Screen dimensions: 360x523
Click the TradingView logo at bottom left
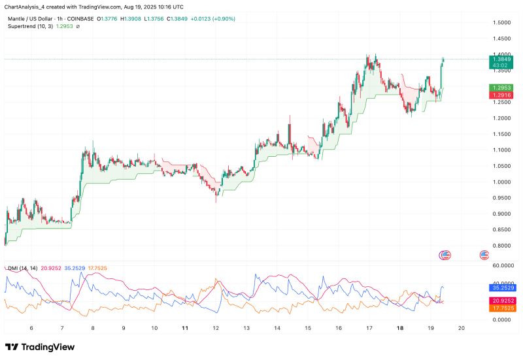tap(40, 347)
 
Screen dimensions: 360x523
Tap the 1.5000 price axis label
tap(501, 23)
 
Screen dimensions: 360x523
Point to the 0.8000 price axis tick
tap(501, 246)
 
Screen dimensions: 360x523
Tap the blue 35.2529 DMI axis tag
tap(501, 287)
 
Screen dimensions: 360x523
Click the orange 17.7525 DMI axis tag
tap(501, 307)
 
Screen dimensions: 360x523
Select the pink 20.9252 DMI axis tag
tap(501, 300)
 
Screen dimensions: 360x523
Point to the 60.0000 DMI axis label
tap(501, 266)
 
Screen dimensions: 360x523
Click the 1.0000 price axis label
tap(501, 182)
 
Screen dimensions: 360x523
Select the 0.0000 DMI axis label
tap(501, 319)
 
